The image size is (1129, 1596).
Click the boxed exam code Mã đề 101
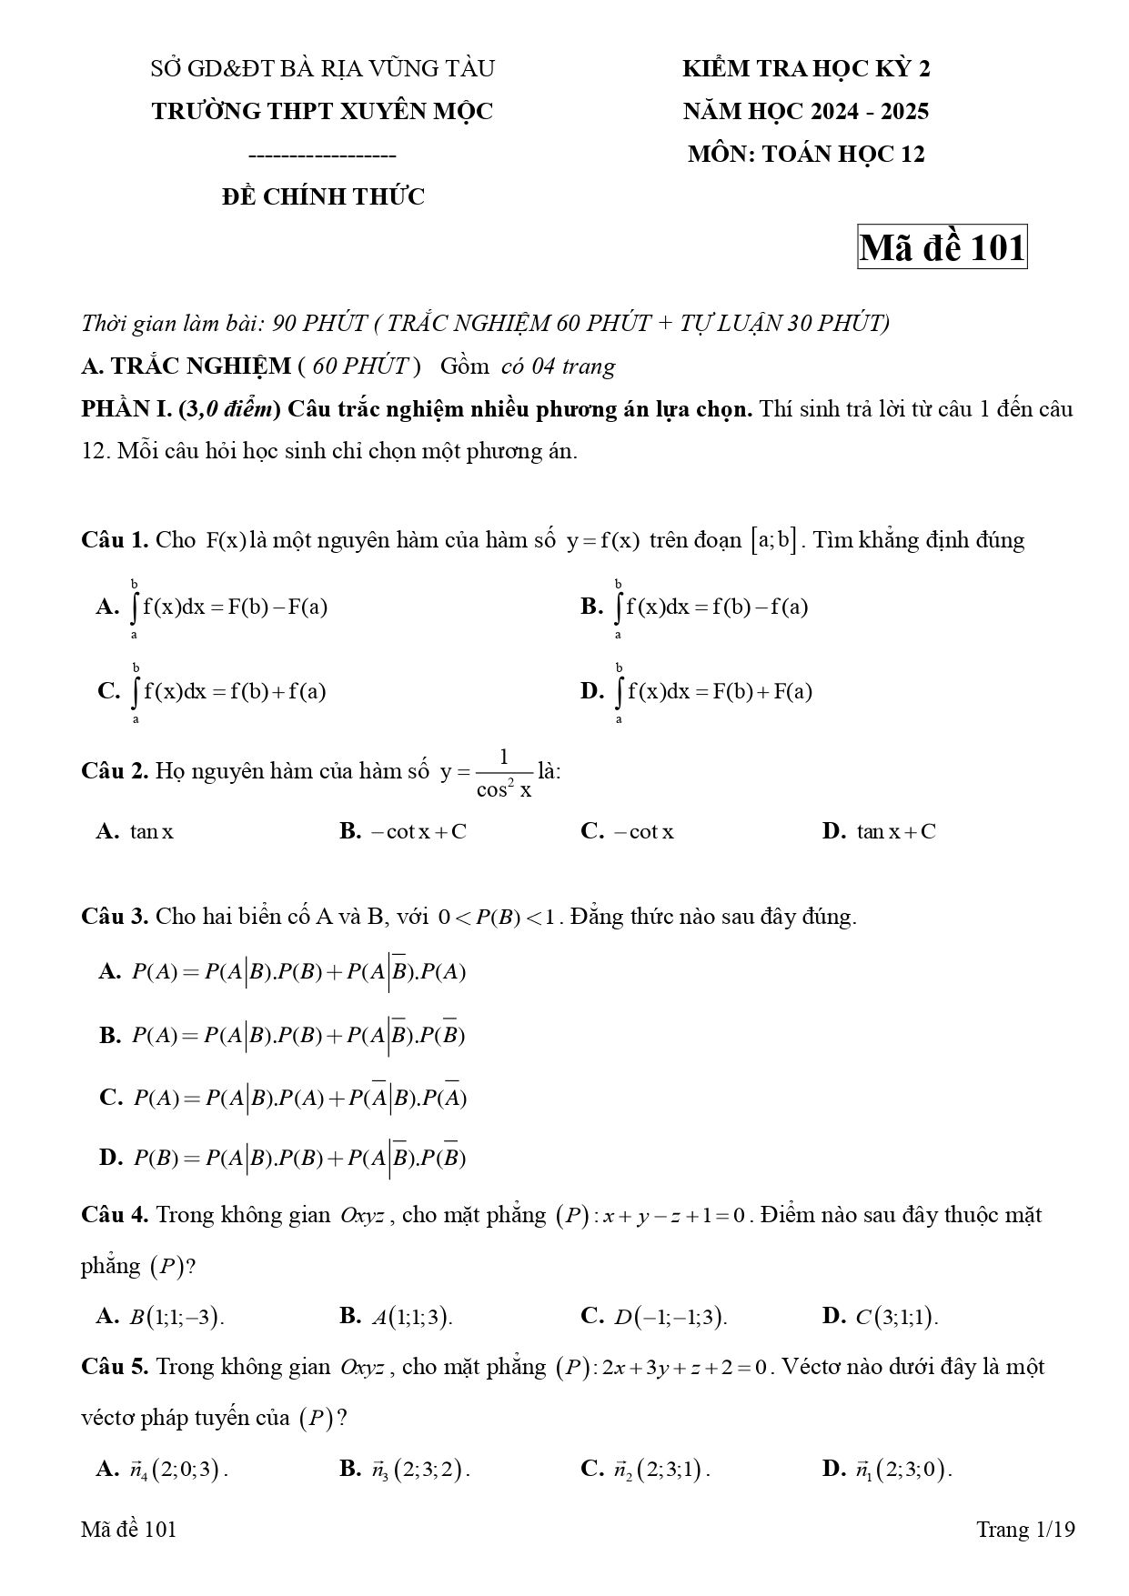942,247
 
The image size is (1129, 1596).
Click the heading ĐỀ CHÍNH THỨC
323,196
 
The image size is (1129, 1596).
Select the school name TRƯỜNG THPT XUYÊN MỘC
322,111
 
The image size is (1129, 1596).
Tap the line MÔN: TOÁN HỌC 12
806,154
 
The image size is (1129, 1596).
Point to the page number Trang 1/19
1025,1529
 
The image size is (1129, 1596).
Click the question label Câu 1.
115,540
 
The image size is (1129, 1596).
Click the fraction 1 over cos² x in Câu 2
504,772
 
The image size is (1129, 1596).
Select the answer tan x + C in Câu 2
895,831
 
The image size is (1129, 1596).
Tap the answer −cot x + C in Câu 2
418,831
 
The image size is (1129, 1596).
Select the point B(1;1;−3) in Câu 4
176,1317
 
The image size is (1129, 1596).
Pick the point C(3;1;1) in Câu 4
896,1317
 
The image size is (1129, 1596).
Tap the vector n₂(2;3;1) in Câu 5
660,1469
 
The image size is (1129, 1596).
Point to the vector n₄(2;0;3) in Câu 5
177,1469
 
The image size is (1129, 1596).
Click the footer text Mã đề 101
128,1529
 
